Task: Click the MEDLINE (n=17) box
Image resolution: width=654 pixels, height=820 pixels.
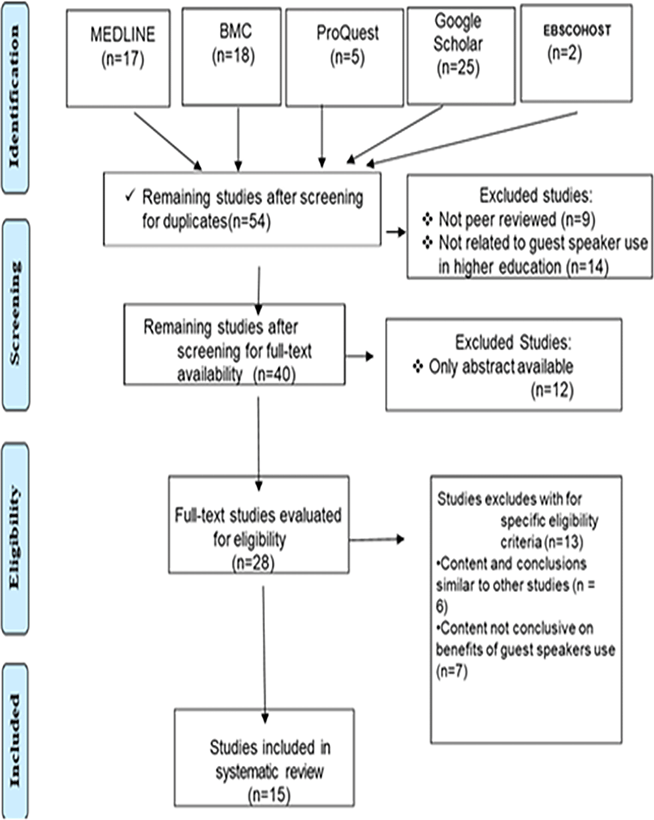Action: click(x=118, y=59)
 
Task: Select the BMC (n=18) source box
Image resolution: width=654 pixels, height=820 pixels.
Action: click(x=231, y=57)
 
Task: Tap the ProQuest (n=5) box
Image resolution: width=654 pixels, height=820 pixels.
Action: click(x=344, y=58)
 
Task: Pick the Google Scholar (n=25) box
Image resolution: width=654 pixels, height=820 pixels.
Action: click(x=461, y=56)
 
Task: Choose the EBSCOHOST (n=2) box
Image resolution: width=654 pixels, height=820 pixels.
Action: click(x=576, y=53)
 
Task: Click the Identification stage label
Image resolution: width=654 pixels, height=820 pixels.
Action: click(x=15, y=97)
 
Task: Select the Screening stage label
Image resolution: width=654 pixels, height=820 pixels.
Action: click(x=16, y=314)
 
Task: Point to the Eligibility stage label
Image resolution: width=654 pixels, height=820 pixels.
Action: click(x=15, y=538)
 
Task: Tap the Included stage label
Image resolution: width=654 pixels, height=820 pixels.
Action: click(x=15, y=740)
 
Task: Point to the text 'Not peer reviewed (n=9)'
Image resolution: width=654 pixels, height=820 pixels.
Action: click(x=516, y=219)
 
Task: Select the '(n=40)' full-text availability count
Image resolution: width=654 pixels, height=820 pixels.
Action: click(x=274, y=374)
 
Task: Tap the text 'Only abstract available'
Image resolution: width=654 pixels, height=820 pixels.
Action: click(x=501, y=366)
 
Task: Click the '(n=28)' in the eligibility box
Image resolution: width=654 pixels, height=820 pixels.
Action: click(x=253, y=563)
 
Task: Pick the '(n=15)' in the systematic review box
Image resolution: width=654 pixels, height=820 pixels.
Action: click(x=269, y=794)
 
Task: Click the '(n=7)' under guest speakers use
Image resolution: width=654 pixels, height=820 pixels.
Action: click(x=452, y=670)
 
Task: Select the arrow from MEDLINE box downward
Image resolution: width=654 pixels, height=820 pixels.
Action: click(x=168, y=141)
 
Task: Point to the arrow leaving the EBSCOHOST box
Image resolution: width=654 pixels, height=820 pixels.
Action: click(x=472, y=138)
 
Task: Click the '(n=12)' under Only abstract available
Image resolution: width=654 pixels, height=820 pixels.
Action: click(x=552, y=390)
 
